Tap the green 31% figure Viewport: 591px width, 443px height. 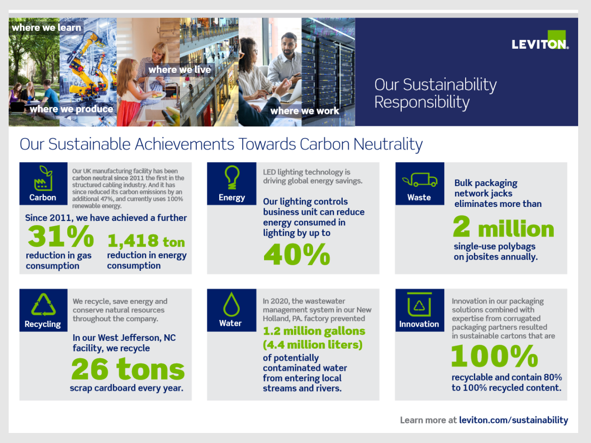coord(61,236)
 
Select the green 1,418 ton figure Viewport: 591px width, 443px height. coord(146,241)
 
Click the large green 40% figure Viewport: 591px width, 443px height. coord(297,254)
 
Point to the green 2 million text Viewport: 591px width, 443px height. coord(503,227)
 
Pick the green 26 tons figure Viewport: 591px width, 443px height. coord(128,369)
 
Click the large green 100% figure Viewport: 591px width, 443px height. coord(494,356)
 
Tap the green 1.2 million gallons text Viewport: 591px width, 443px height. coord(314,331)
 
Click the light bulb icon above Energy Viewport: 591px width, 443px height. coord(232,177)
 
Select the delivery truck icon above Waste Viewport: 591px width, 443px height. coord(420,180)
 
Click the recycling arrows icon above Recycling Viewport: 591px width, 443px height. coord(43,305)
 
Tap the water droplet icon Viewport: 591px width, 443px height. coord(231,304)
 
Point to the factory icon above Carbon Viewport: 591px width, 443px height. coord(43,178)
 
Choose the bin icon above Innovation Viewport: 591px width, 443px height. coord(419,304)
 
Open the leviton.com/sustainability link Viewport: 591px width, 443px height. coord(513,420)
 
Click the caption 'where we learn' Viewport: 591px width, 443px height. coord(46,28)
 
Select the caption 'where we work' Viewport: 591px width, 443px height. coord(305,111)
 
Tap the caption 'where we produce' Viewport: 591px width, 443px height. coord(71,109)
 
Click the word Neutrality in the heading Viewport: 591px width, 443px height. coord(387,144)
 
